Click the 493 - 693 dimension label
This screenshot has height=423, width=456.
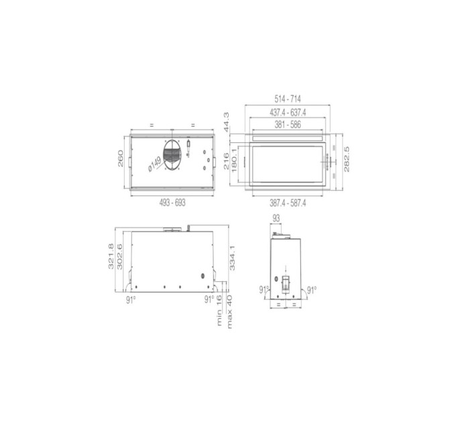pyautogui.click(x=172, y=203)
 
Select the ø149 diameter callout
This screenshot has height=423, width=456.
pyautogui.click(x=155, y=163)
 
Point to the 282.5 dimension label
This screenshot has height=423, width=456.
pyautogui.click(x=347, y=160)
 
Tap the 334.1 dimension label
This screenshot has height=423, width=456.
pyautogui.click(x=233, y=255)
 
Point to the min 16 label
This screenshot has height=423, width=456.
pyautogui.click(x=220, y=313)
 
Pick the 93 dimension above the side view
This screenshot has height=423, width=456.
pyautogui.click(x=276, y=218)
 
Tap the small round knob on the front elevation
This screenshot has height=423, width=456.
pyautogui.click(x=202, y=277)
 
